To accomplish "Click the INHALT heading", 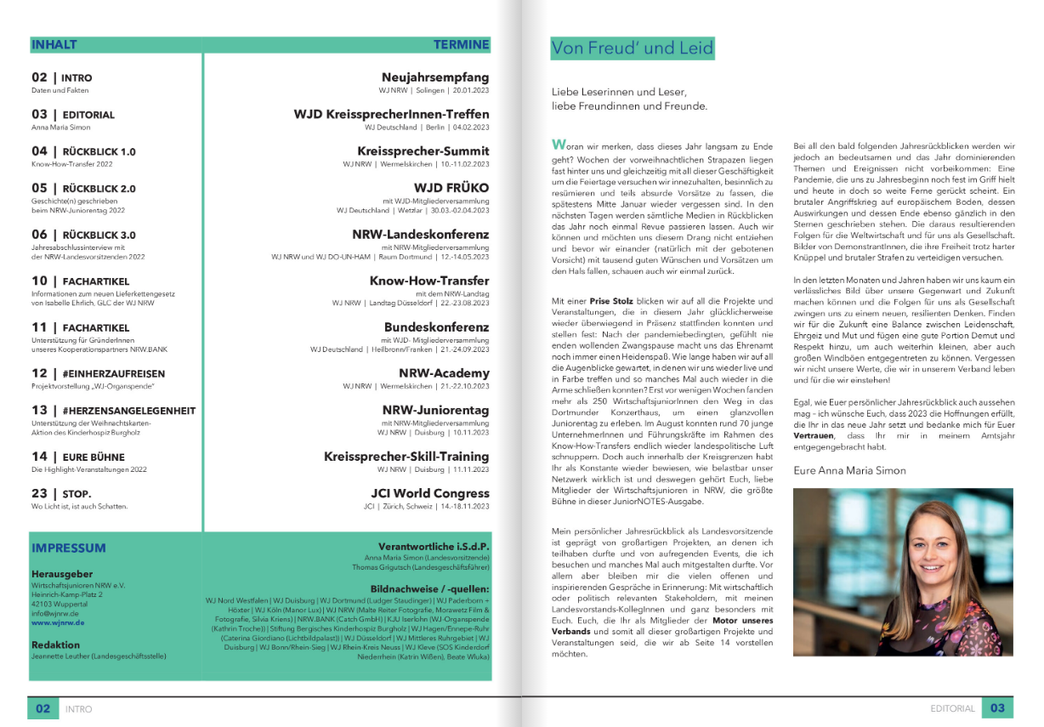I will point(54,44).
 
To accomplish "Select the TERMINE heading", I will point(461,44).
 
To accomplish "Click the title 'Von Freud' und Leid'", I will point(632,48).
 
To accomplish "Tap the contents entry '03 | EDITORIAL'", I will point(73,114).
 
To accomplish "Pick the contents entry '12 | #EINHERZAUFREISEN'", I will point(98,373).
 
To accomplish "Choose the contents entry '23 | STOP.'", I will point(61,493).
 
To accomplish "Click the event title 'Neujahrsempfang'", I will point(435,77).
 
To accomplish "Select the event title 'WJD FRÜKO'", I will point(451,187).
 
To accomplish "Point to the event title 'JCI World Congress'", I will point(430,493).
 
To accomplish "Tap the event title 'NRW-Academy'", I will point(444,373).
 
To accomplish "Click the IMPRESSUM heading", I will point(69,548).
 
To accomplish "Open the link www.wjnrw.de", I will point(58,622).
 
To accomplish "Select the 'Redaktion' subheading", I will point(55,645).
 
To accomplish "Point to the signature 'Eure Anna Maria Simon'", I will point(849,470).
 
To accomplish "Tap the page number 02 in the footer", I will point(43,708).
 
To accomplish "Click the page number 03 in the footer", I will point(997,708).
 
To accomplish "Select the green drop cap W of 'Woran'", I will point(558,145).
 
